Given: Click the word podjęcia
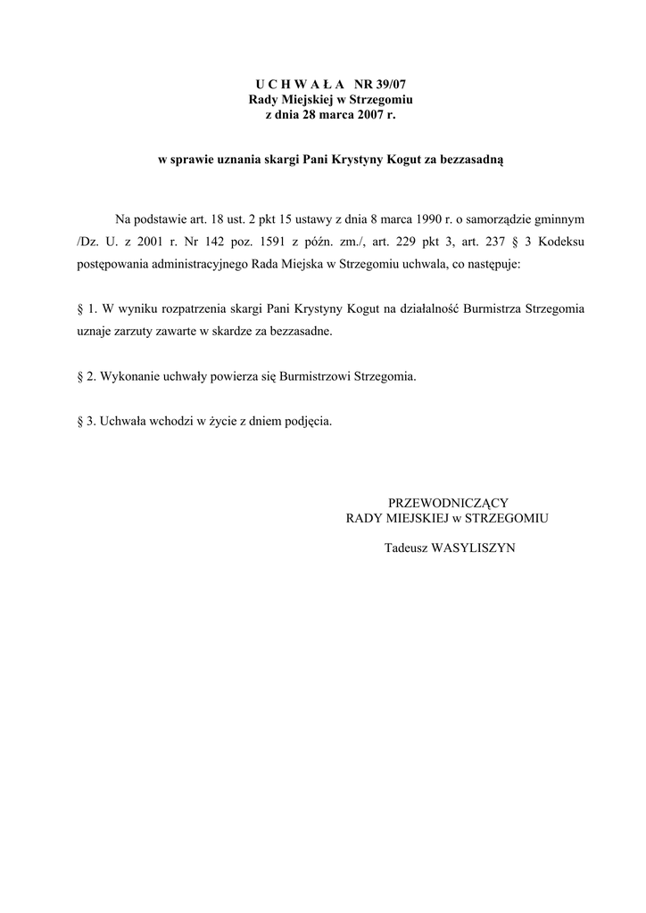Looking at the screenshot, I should [x=305, y=421].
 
